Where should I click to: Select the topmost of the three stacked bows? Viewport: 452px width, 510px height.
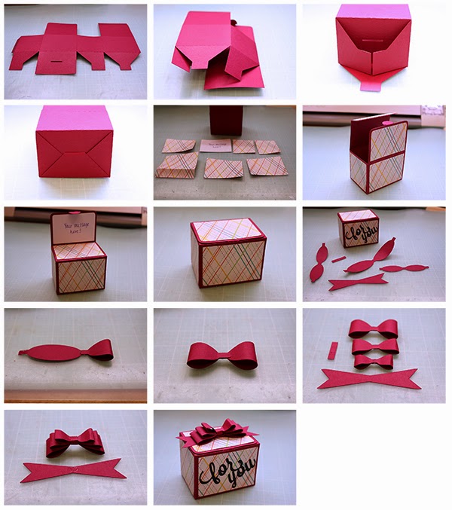(x=373, y=328)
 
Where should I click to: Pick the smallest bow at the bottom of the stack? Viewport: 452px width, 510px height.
(x=374, y=361)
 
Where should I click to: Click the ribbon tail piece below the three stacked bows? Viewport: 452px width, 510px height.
(x=369, y=379)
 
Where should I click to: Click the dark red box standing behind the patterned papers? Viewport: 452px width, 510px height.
(x=225, y=121)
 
